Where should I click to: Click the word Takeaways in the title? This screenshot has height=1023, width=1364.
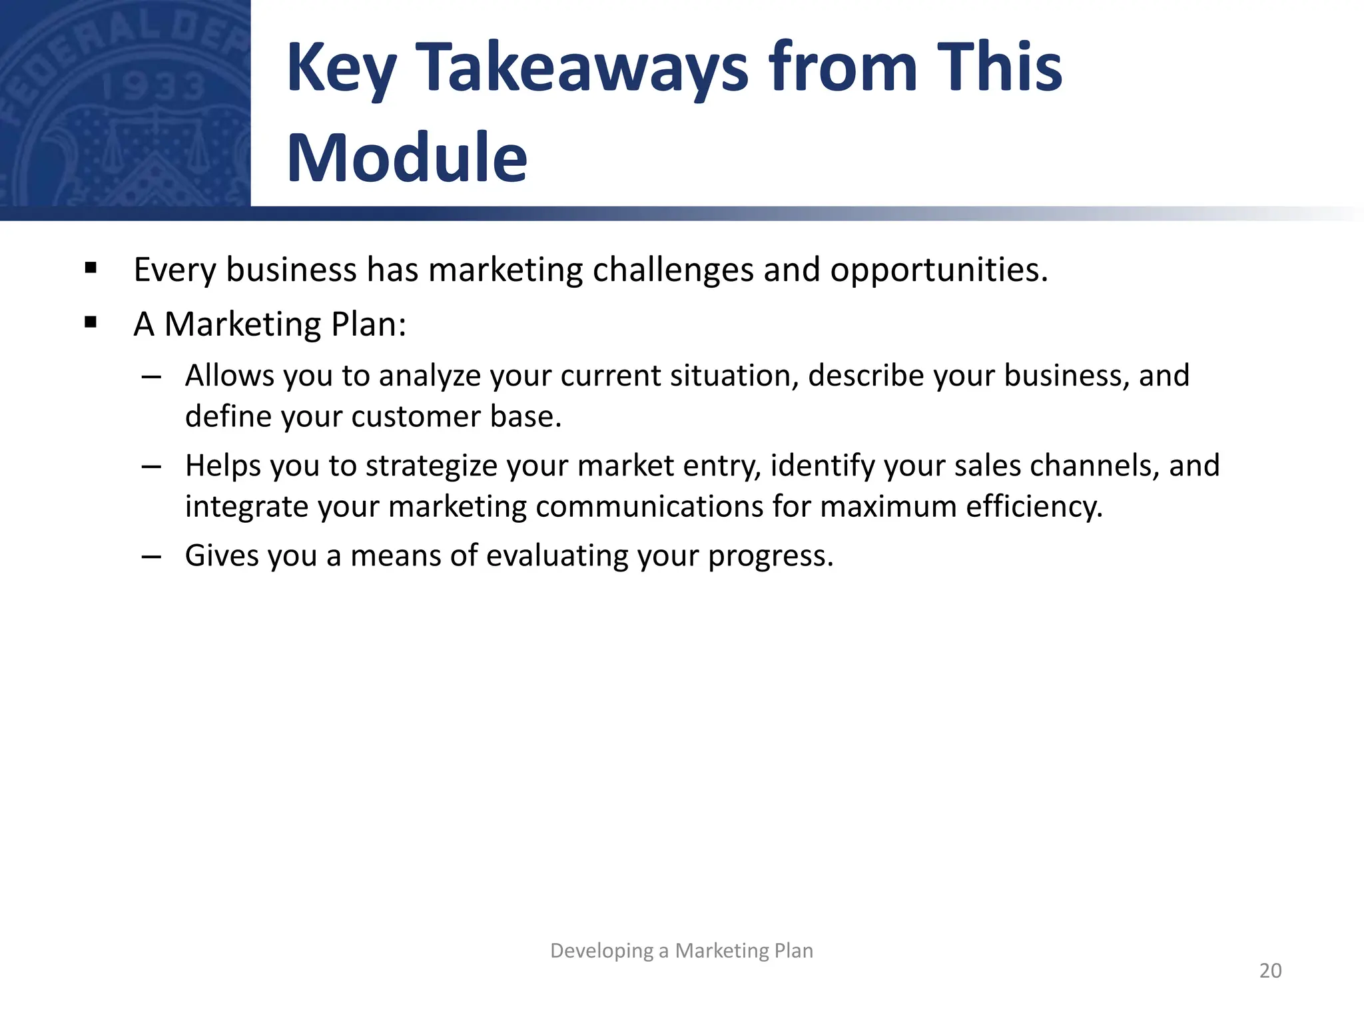click(582, 68)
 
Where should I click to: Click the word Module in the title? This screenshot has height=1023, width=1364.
click(407, 158)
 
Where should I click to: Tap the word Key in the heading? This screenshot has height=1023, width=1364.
click(342, 68)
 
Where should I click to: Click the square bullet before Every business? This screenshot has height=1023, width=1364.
click(91, 268)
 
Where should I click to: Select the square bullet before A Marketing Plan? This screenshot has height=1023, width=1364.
click(91, 323)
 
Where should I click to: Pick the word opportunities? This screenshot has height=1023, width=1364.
click(938, 270)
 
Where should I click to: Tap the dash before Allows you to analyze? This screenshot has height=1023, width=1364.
click(152, 377)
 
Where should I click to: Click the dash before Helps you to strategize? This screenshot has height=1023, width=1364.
click(152, 467)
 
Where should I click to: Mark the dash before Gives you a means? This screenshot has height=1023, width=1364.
click(152, 557)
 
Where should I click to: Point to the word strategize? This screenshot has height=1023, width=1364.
click(431, 466)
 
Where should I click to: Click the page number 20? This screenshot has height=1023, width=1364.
click(1270, 970)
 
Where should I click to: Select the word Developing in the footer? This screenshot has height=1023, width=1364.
click(601, 950)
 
